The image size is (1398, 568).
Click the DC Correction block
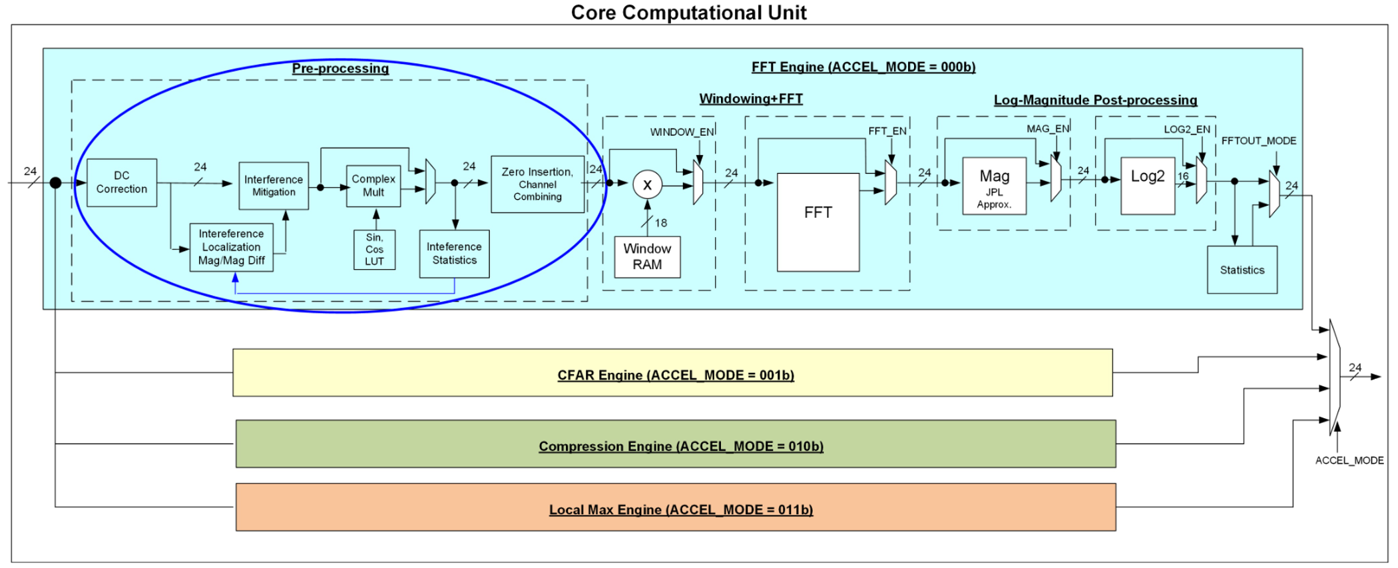click(x=122, y=182)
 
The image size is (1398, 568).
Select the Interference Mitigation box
click(x=274, y=186)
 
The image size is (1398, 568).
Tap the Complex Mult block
click(x=373, y=186)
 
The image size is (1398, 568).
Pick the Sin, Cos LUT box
click(x=374, y=250)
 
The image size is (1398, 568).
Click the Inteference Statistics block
click(x=454, y=254)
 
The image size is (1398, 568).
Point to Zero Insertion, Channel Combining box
click(x=537, y=184)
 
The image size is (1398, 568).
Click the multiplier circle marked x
click(x=647, y=185)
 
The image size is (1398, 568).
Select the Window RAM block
click(x=647, y=256)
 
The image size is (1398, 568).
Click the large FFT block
click(x=817, y=222)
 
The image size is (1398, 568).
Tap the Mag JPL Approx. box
click(x=994, y=186)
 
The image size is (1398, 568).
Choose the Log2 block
click(x=1147, y=186)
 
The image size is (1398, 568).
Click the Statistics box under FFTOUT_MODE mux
click(x=1242, y=270)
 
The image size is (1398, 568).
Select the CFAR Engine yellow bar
click(x=672, y=373)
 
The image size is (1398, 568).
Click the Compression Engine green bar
click(x=676, y=444)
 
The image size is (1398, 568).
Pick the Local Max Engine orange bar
click(x=676, y=507)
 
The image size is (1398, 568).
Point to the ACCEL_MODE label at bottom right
click(x=1349, y=460)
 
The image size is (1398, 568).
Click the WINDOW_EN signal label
click(x=681, y=132)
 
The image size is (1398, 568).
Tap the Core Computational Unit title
click(x=688, y=12)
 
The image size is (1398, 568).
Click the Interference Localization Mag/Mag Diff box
click(x=231, y=247)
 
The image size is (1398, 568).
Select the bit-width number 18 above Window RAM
click(x=661, y=222)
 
